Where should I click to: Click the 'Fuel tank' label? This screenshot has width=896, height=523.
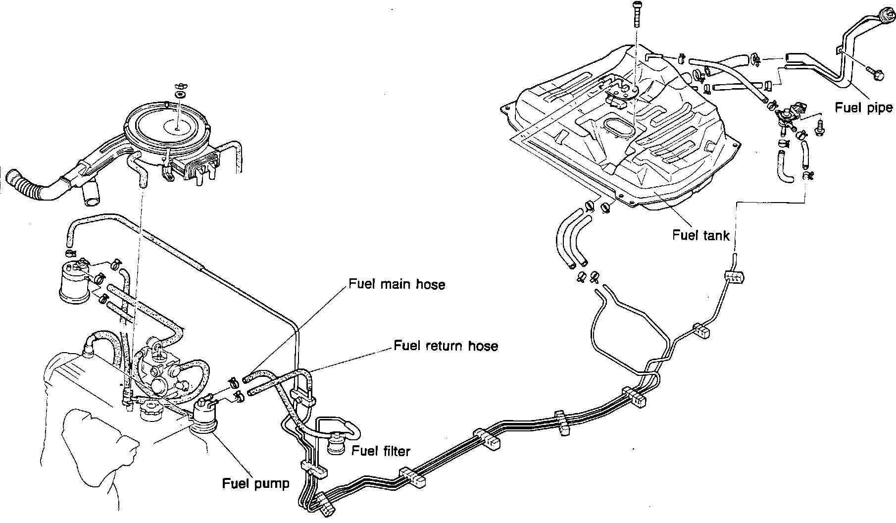[700, 235]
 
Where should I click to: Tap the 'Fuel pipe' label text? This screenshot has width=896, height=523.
[863, 107]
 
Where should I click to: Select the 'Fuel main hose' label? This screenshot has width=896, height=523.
[397, 284]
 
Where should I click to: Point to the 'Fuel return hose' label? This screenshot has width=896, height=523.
[446, 345]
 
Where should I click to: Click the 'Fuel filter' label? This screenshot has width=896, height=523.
[380, 451]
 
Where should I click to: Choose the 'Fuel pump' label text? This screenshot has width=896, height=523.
[255, 483]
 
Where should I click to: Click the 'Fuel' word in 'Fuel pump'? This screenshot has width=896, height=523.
[234, 483]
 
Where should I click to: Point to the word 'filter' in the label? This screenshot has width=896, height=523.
[393, 451]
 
